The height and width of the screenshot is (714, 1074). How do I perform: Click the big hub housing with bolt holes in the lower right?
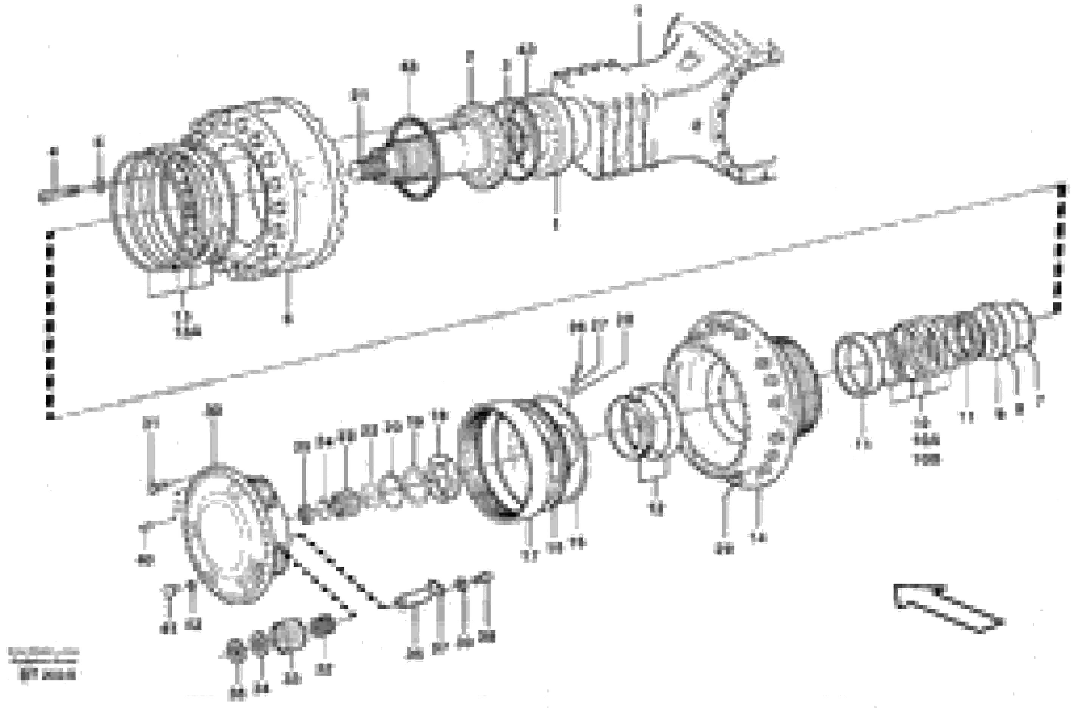pyautogui.click(x=742, y=401)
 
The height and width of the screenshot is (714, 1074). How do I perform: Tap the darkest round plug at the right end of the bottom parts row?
pyautogui.click(x=323, y=626)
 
